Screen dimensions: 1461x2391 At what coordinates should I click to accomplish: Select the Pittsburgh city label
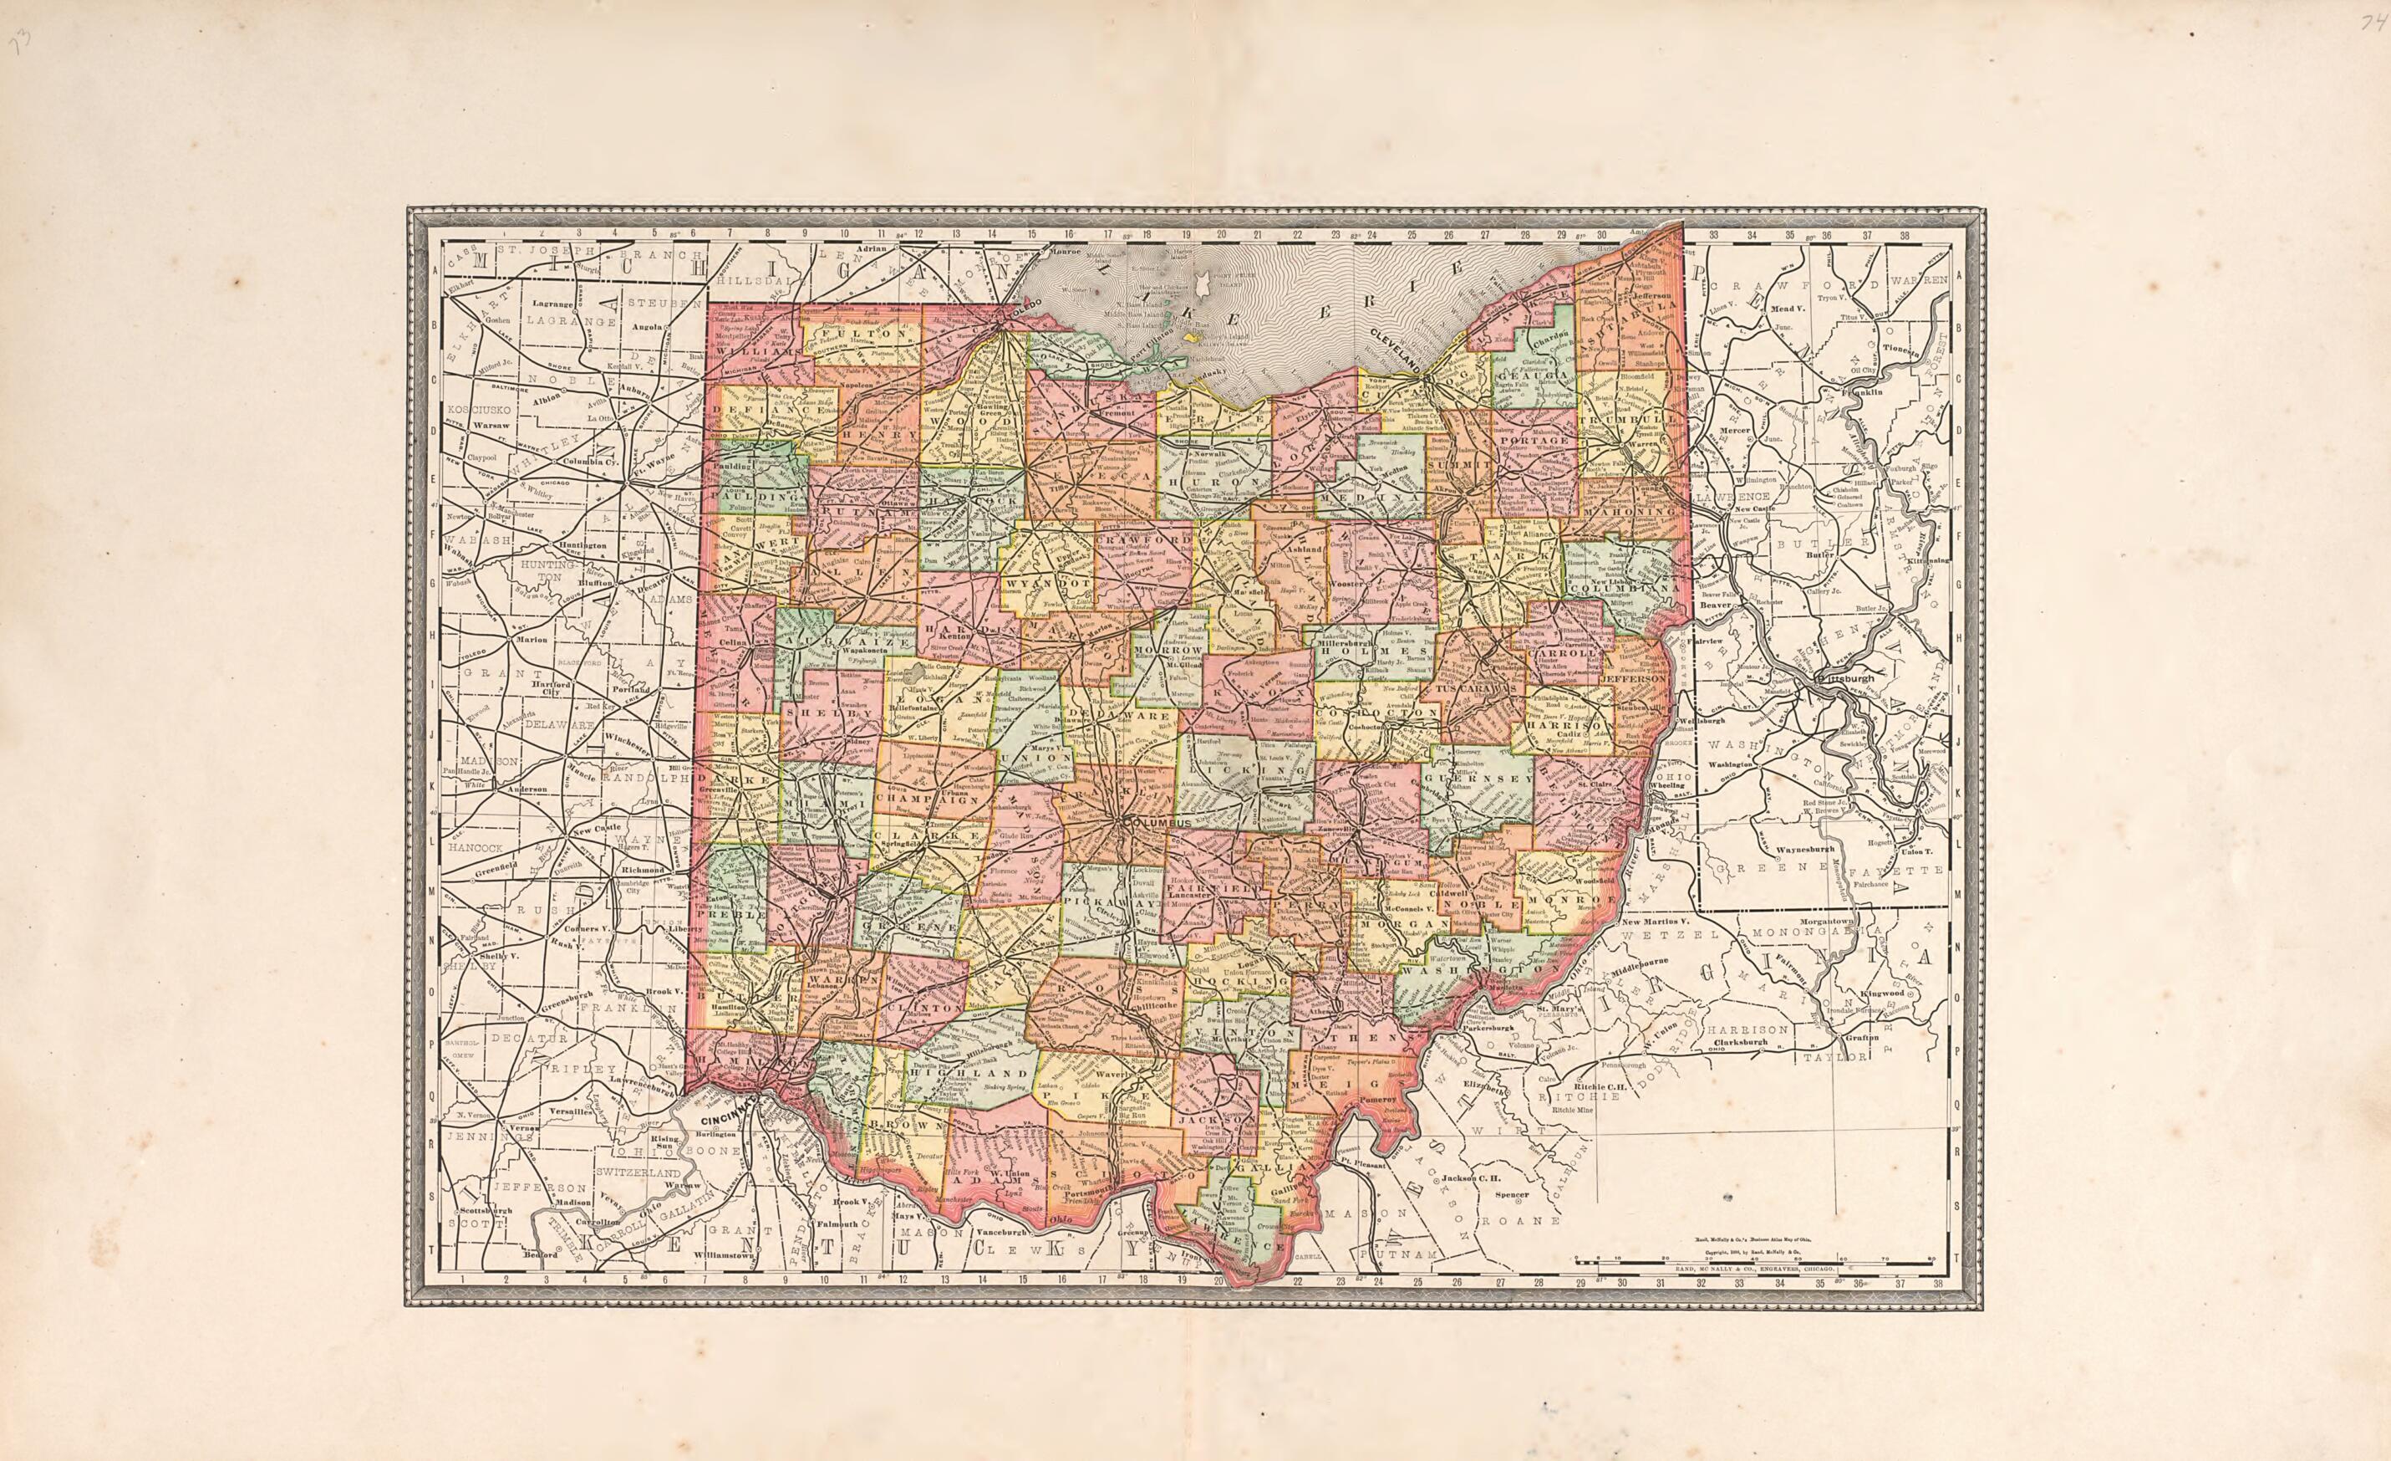[1848, 678]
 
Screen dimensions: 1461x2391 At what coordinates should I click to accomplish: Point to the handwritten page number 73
[19, 42]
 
